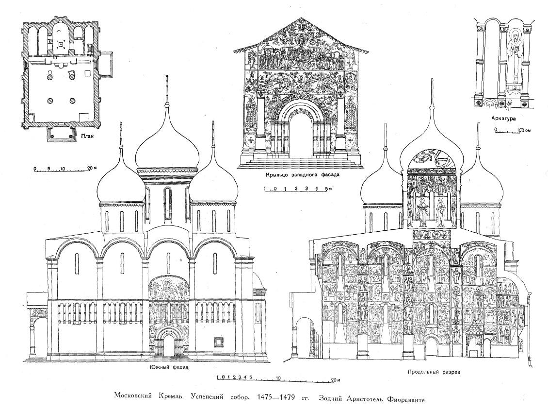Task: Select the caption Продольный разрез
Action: pos(434,373)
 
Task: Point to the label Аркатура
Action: pos(503,119)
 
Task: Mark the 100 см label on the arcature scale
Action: pos(524,130)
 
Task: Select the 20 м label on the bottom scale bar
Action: pos(336,379)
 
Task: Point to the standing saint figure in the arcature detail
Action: pos(515,63)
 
